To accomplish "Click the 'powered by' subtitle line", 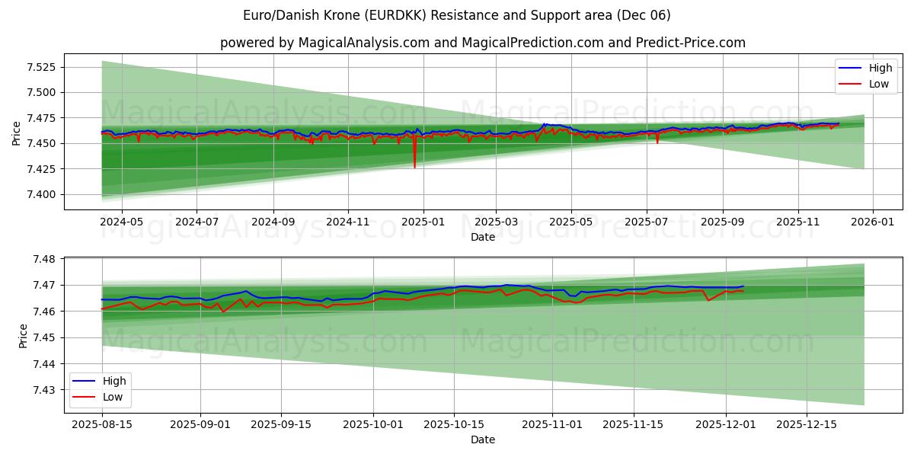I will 483,43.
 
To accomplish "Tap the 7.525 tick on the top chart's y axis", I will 42,67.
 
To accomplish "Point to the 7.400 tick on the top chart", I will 42,194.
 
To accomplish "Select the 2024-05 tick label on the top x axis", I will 122,222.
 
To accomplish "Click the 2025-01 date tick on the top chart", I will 422,222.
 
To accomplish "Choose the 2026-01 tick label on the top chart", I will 872,222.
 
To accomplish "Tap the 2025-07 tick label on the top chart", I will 646,222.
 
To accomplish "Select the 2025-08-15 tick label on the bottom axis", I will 101,424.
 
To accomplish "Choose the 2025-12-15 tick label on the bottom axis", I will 806,424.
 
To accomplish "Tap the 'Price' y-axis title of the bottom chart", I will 23,336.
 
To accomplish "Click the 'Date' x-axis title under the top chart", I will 483,237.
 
